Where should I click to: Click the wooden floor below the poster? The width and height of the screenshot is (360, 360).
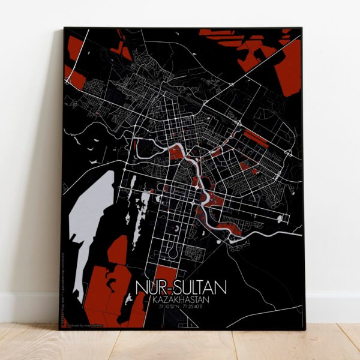pyautogui.click(x=180, y=345)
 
